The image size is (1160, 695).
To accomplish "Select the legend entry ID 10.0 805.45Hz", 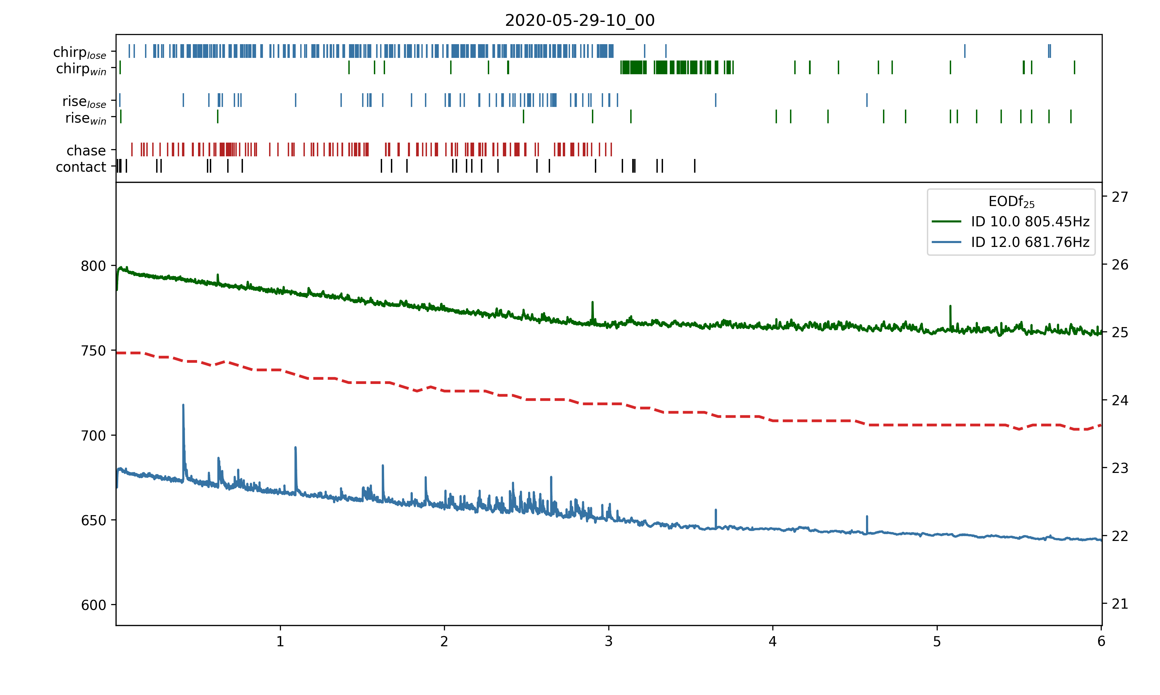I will (1030, 221).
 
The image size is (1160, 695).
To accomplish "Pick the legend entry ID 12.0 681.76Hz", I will (1030, 242).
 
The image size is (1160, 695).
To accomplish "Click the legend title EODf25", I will (1011, 202).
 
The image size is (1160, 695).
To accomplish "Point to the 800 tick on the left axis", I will (93, 266).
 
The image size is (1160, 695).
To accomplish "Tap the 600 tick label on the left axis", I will (93, 605).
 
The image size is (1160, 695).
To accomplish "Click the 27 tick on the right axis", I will (1120, 197).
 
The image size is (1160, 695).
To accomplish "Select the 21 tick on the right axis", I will (1120, 604).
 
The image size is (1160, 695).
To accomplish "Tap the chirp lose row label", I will (80, 52).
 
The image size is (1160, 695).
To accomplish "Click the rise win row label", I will (86, 118).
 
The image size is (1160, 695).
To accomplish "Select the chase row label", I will (86, 151).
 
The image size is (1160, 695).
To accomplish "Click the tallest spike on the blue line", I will (183, 406).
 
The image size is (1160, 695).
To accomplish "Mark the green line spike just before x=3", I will (592, 303).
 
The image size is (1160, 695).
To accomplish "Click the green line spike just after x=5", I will (950, 307).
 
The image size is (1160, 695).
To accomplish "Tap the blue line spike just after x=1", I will (295, 448).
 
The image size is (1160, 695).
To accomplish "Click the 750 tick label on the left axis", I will (93, 351).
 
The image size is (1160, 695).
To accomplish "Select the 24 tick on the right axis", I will (1120, 400).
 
